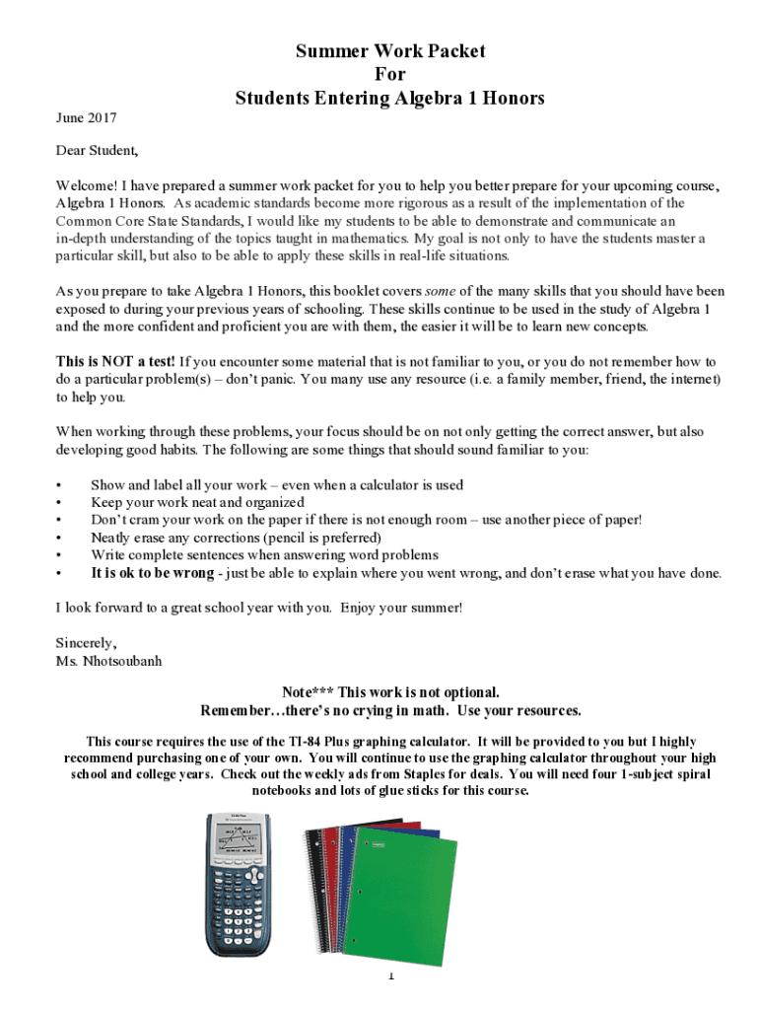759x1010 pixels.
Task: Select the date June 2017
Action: click(86, 118)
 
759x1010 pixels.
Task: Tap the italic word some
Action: click(439, 291)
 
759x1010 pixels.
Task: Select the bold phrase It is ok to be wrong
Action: click(152, 573)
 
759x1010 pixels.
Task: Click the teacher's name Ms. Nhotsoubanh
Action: click(108, 660)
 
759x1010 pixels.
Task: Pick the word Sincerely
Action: click(86, 642)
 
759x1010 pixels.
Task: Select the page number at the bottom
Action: click(390, 976)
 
